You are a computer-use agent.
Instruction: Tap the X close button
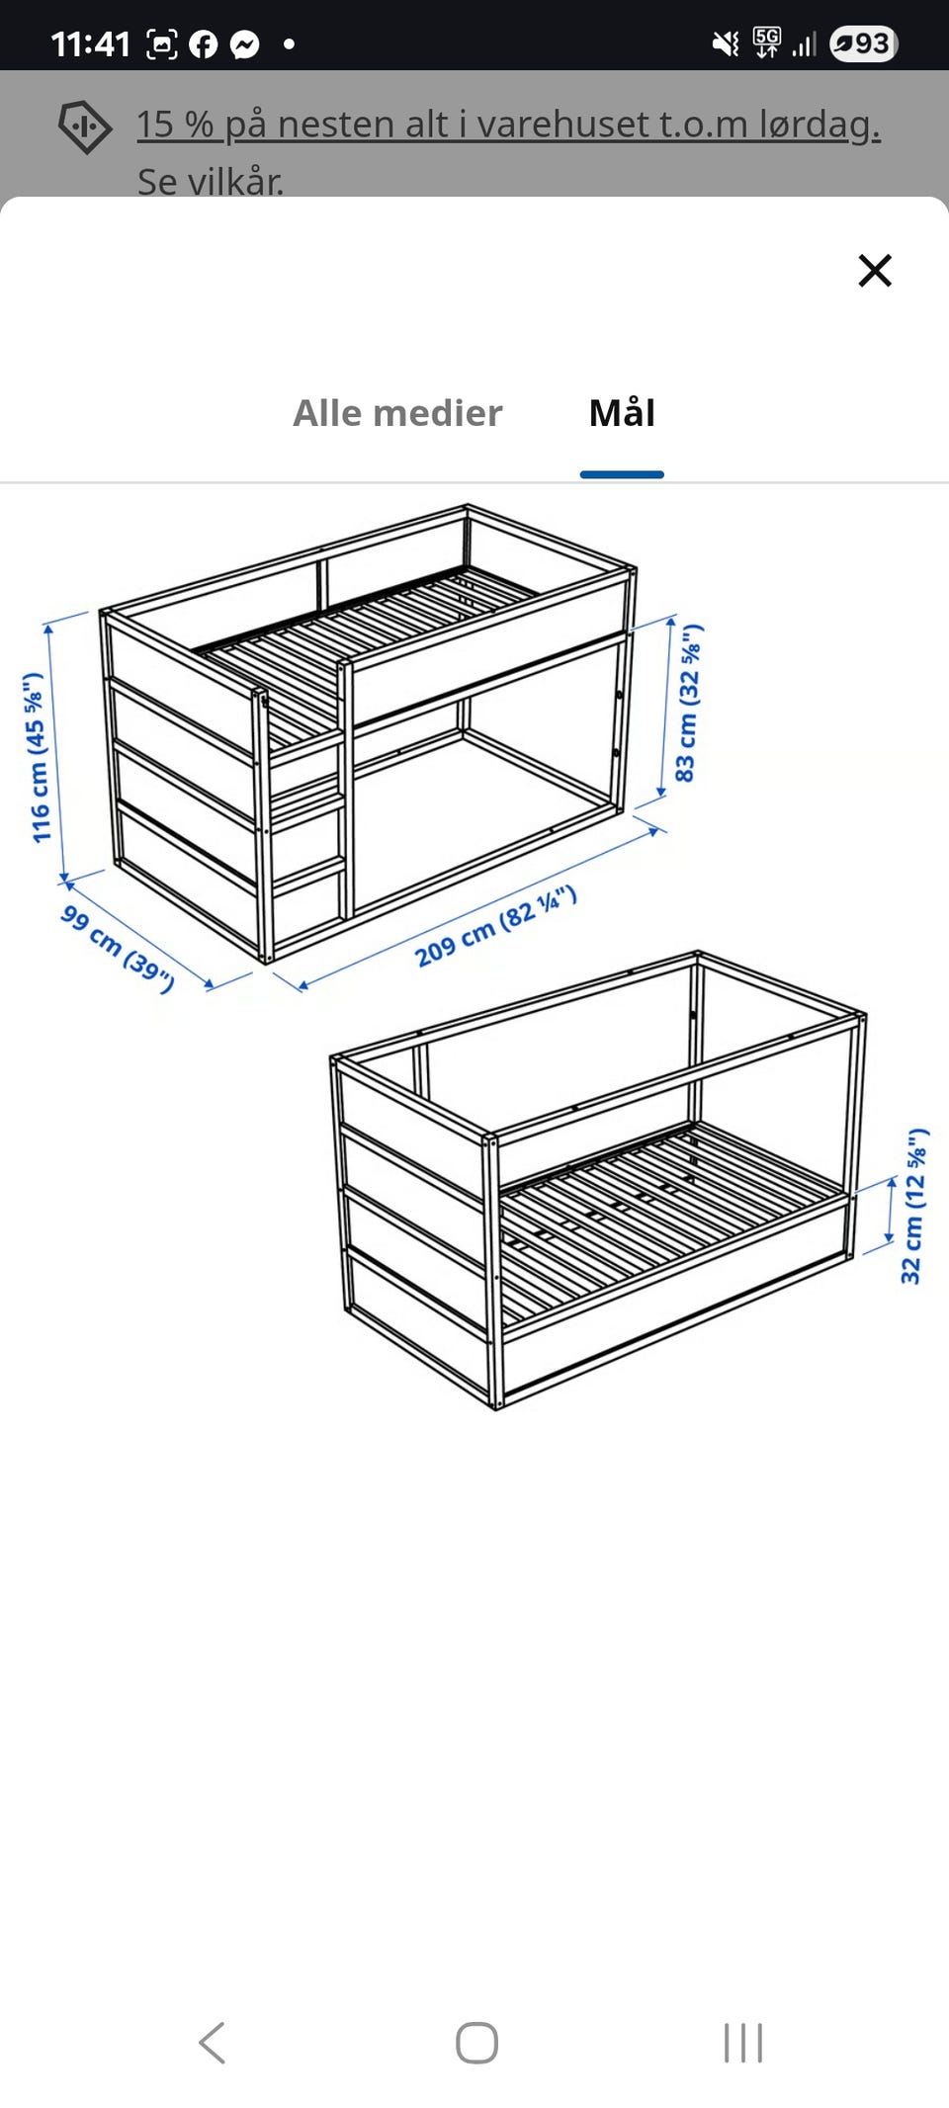875,270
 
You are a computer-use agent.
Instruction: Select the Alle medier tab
397,413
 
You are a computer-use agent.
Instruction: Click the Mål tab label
622,412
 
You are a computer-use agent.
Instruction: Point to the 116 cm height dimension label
37,758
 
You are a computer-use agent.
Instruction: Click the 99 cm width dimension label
118,948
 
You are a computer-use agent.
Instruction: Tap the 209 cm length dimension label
495,926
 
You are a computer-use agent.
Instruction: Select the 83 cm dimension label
688,703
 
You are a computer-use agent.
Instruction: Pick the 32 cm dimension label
914,1206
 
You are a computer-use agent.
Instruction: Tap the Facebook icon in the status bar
203,43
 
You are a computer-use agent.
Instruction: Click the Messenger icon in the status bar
245,43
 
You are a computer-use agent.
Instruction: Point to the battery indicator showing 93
863,43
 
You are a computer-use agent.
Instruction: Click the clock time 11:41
90,43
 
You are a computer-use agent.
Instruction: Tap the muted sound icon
726,43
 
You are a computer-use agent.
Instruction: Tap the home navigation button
476,2043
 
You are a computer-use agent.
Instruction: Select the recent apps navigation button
743,2043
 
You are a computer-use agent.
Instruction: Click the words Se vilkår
211,181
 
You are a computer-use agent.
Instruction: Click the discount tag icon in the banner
85,126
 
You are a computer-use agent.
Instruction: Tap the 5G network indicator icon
766,42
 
